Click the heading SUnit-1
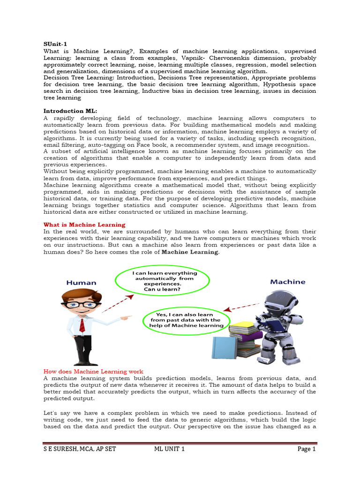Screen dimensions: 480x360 (55, 44)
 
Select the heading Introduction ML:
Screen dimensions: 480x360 (70, 111)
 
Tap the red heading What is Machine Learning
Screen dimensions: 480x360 (84, 225)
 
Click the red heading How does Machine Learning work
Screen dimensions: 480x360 (93, 371)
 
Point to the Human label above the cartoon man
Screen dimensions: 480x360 (81, 283)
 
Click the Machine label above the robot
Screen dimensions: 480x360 (287, 282)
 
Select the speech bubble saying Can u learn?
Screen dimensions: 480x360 (163, 281)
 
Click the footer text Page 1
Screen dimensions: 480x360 (307, 449)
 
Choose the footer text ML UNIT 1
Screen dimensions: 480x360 (169, 449)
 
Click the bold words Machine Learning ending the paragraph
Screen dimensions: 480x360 (190, 252)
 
